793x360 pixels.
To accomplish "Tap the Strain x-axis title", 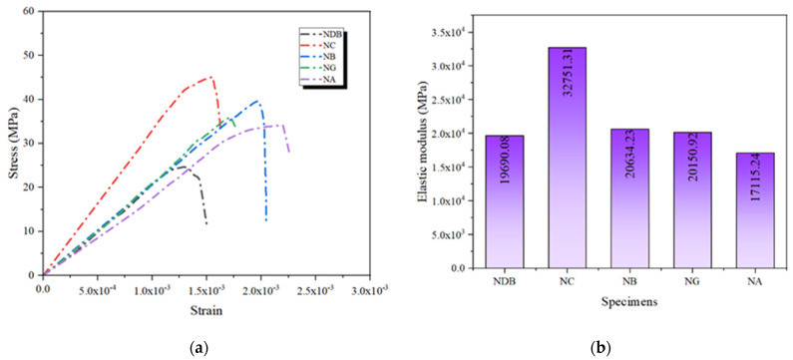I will [205, 311].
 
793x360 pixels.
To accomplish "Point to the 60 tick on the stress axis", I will [29, 12].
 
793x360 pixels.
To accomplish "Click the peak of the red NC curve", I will [209, 77].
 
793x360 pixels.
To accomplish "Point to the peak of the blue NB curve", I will [257, 100].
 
